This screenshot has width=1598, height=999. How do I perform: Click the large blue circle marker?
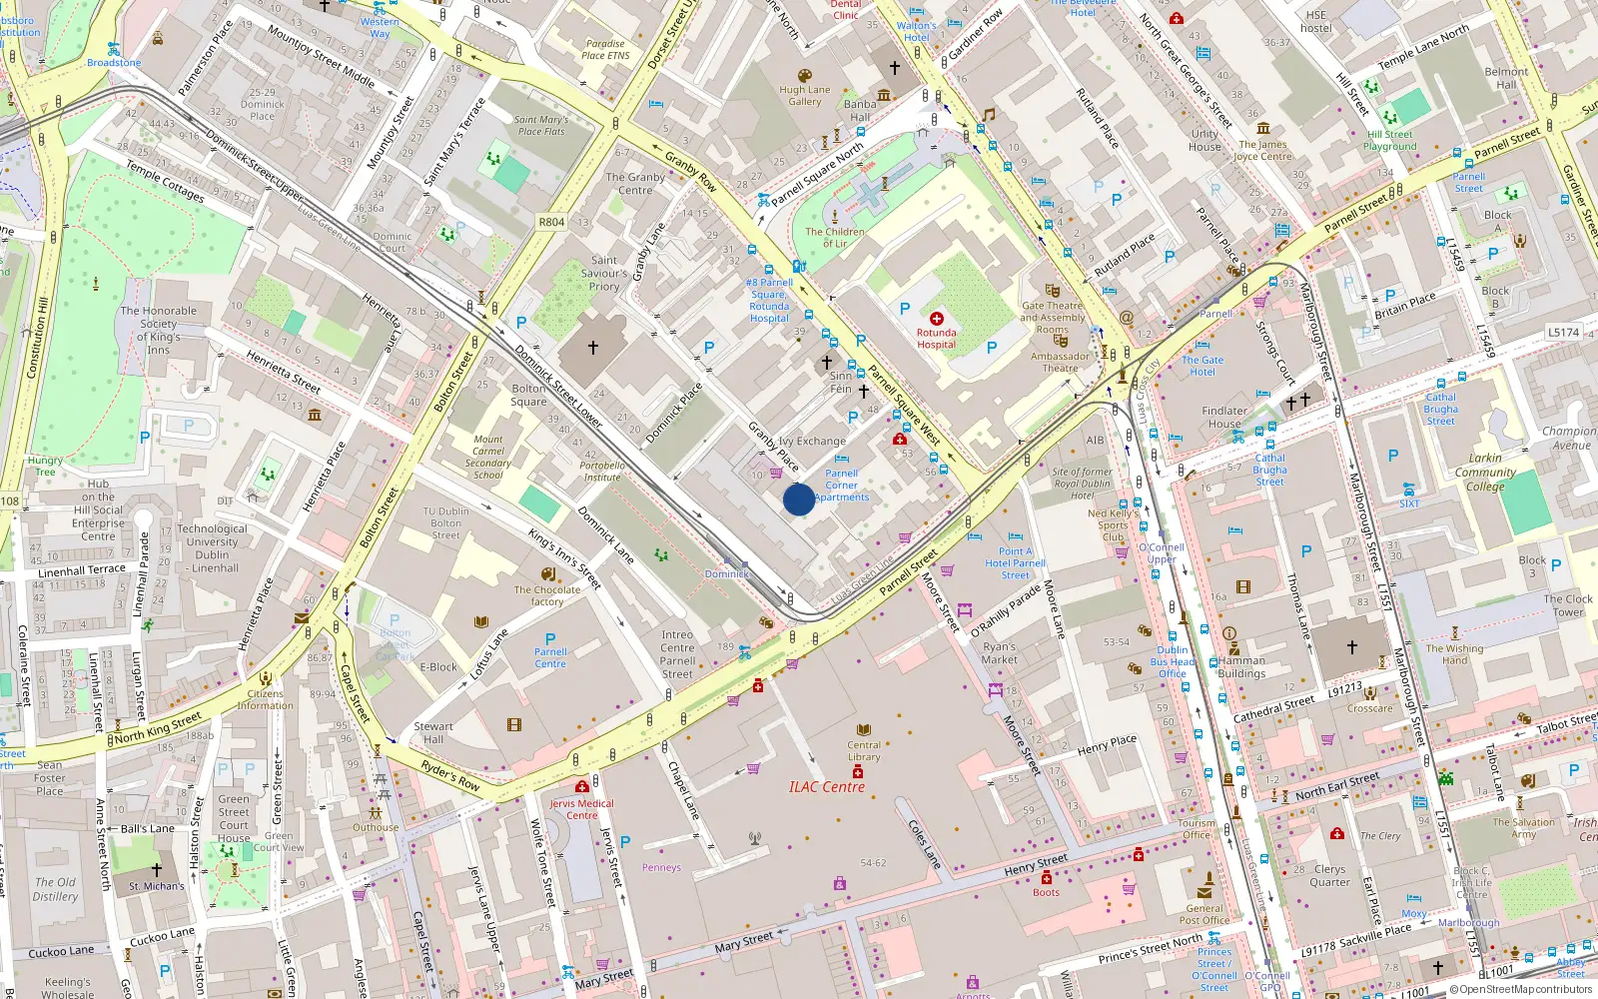click(798, 499)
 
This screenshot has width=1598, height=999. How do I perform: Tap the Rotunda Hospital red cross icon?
click(937, 319)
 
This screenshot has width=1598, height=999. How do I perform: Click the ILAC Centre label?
click(827, 787)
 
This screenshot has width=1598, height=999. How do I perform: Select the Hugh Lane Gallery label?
click(804, 95)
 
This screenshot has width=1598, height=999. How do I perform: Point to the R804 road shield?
click(551, 222)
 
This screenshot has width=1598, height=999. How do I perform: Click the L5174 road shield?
click(1563, 332)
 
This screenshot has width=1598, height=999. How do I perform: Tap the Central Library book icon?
click(864, 730)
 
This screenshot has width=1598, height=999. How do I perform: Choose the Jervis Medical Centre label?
click(581, 809)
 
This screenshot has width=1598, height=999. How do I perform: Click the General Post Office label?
click(1203, 914)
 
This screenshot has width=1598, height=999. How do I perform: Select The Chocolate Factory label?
click(547, 595)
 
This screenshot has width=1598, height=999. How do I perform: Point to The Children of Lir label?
click(835, 237)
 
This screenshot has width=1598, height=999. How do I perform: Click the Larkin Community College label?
click(1485, 472)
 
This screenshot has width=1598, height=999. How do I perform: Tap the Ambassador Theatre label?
click(1060, 362)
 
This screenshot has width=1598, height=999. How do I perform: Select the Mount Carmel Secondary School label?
click(487, 457)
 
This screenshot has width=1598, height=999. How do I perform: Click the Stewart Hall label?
click(433, 732)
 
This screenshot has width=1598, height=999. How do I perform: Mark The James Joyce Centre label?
click(1262, 150)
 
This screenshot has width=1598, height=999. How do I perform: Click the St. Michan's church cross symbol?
click(156, 870)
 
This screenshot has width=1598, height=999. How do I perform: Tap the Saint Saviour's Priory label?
click(604, 273)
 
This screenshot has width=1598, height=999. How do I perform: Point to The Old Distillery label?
click(55, 889)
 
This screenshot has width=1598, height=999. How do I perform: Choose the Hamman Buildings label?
click(1241, 666)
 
